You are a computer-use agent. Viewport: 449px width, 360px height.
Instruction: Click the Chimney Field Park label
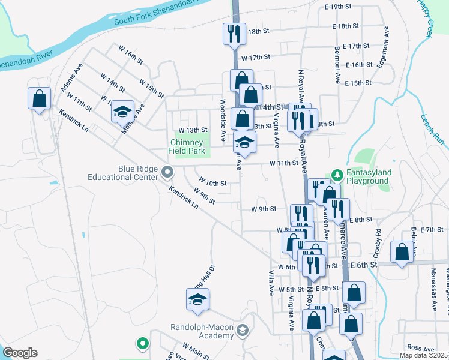[x=188, y=147]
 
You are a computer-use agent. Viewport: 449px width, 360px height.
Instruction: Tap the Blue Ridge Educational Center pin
[x=167, y=173]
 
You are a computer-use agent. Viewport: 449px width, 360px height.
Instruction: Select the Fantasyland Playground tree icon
[x=337, y=174]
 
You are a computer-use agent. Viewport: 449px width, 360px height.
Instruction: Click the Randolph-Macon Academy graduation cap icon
[x=242, y=329]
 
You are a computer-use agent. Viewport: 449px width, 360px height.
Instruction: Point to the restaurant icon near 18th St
[x=234, y=33]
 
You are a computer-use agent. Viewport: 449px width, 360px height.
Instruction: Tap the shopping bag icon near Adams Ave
[x=39, y=98]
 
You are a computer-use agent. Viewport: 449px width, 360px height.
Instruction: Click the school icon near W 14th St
[x=122, y=111]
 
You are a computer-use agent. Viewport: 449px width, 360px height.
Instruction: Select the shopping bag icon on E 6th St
[x=402, y=251]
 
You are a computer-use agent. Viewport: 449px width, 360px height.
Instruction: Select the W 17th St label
[x=256, y=57]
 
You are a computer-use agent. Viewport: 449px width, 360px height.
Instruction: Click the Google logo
[x=20, y=353]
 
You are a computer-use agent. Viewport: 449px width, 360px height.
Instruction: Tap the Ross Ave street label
[x=416, y=347]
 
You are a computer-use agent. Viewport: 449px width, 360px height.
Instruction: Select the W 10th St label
[x=213, y=182]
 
